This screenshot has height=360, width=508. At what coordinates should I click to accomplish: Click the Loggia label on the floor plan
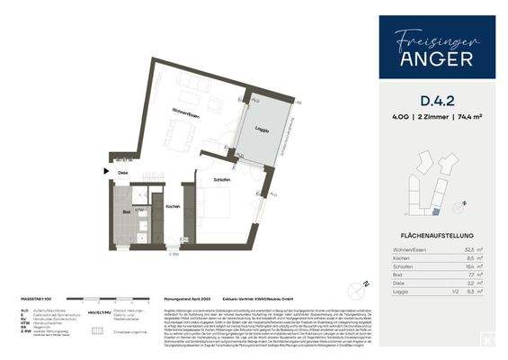261,130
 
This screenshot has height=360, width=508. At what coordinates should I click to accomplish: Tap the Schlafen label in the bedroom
221,181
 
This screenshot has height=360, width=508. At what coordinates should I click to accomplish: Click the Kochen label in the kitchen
174,206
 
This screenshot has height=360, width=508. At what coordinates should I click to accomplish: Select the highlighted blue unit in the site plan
436,211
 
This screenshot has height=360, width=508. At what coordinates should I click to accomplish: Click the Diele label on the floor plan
124,175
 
